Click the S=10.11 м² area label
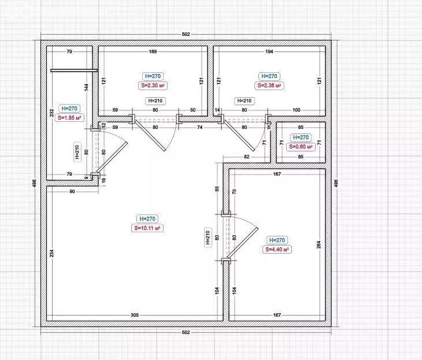147,228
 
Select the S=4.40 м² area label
277,250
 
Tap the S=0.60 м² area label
301,147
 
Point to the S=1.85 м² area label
69,117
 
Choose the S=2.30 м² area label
153,86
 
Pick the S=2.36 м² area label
269,86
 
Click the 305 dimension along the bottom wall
135,315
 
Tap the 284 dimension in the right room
319,244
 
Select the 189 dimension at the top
153,51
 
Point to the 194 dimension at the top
269,51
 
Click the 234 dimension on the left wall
51,253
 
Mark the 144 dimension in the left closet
86,87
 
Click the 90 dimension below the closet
72,192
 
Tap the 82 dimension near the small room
247,157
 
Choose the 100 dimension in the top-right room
297,110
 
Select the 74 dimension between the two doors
199,127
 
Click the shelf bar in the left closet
74,70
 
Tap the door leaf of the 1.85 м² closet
112,157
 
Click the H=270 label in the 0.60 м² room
301,137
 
